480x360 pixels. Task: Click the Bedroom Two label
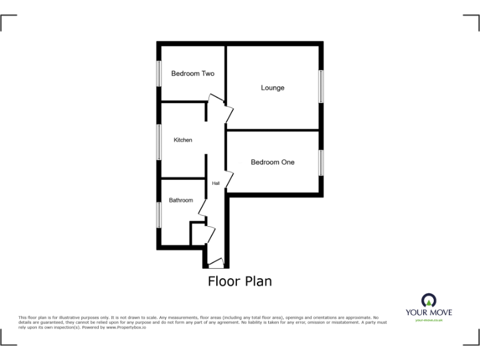coord(192,74)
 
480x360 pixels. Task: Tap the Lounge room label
coord(272,88)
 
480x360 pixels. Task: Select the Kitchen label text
coord(183,140)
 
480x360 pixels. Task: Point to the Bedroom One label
coord(272,162)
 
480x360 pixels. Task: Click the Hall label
coord(216,183)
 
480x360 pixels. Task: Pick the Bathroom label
coord(181,201)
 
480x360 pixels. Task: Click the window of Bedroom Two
coord(159,73)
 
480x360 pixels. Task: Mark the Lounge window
coord(321,86)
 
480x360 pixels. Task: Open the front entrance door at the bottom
coord(216,262)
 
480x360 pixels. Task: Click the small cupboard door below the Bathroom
coord(211,235)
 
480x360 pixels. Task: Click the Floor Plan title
coord(240,281)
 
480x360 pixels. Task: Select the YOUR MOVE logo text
coord(428,312)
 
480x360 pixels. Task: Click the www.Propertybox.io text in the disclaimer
coord(126,327)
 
